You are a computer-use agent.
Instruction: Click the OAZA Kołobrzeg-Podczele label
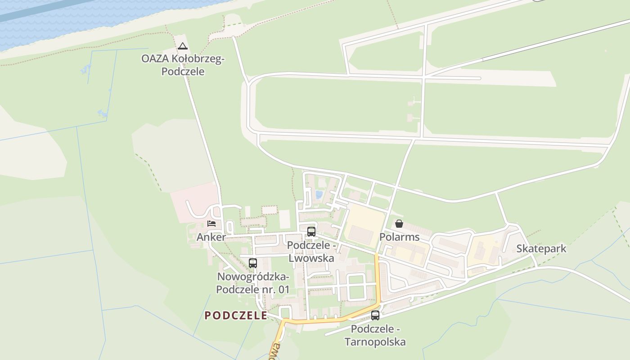[x=182, y=65]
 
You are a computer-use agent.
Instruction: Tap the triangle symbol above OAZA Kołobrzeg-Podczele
[x=182, y=46]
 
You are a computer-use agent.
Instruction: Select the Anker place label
[x=211, y=237]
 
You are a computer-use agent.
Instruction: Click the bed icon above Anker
[x=211, y=223]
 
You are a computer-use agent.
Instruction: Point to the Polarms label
[x=399, y=237]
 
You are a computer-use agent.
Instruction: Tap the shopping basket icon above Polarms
[x=399, y=224]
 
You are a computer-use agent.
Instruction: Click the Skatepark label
[x=541, y=248]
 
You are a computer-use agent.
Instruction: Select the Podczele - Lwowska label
[x=311, y=252]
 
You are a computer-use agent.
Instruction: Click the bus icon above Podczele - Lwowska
[x=311, y=232]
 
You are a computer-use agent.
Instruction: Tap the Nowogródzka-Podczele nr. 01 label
[x=252, y=283]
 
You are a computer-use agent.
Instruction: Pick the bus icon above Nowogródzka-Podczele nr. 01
[x=253, y=263]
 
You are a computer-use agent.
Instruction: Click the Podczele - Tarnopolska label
[x=375, y=335]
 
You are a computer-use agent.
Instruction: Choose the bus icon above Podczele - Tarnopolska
[x=375, y=315]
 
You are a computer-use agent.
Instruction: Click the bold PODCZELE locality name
[x=236, y=315]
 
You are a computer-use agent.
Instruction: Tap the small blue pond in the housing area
[x=319, y=195]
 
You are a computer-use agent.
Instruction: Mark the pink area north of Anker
[x=193, y=198]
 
